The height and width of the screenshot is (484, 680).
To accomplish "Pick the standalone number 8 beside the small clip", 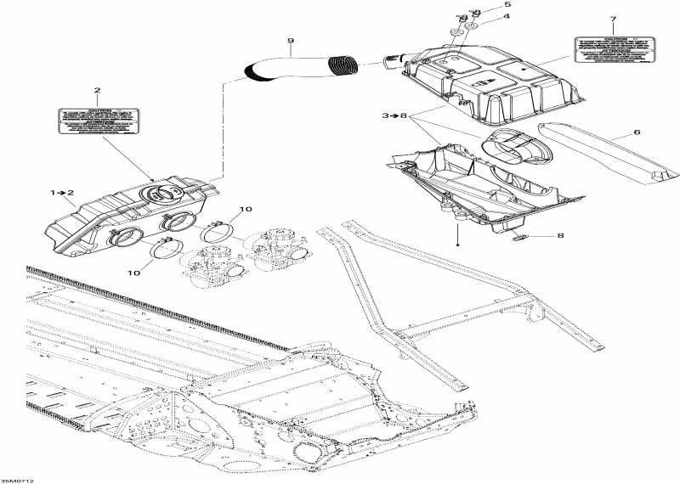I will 559,236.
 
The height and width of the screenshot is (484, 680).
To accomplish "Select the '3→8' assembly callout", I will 395,114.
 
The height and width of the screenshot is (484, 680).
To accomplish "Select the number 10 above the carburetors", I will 246,209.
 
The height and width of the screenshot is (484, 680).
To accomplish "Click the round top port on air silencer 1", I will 156,192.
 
